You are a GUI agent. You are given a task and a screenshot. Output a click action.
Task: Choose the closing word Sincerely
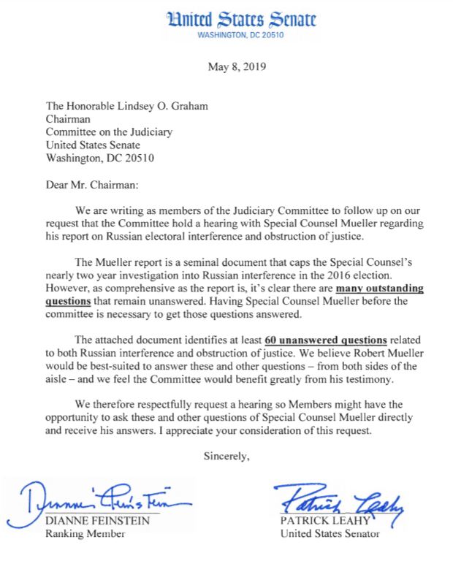pos(226,457)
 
